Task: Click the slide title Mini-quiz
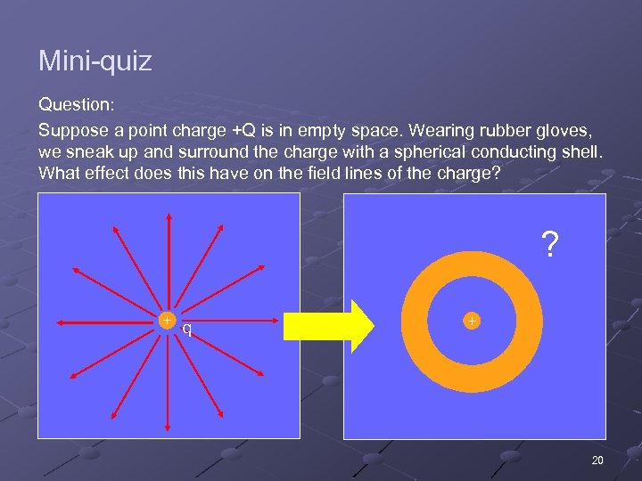[95, 61]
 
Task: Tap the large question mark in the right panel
[550, 244]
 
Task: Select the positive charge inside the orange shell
[472, 320]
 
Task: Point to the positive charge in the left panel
[167, 320]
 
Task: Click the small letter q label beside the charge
[186, 329]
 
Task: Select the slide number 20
[597, 460]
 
